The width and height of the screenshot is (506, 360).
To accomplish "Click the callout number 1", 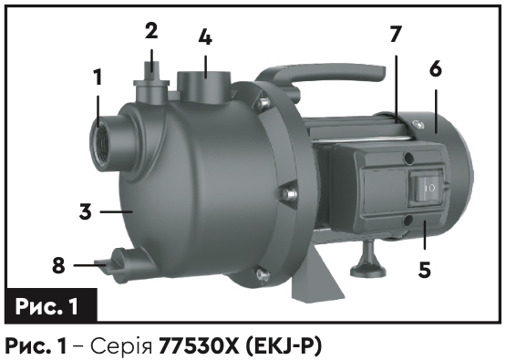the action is tap(98, 77).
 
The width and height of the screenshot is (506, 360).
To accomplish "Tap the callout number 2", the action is tap(151, 31).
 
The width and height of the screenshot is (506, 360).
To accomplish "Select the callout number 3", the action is tap(86, 212).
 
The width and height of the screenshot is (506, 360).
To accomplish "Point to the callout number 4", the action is tap(205, 37).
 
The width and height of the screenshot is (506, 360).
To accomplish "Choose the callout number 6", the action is tap(436, 68).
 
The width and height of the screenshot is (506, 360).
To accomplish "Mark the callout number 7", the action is tap(396, 34).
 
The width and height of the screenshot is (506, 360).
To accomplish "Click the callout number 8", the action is tap(58, 266).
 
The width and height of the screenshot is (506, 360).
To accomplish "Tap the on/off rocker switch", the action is tap(427, 188).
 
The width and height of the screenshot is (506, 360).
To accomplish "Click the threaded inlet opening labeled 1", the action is tap(100, 143).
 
